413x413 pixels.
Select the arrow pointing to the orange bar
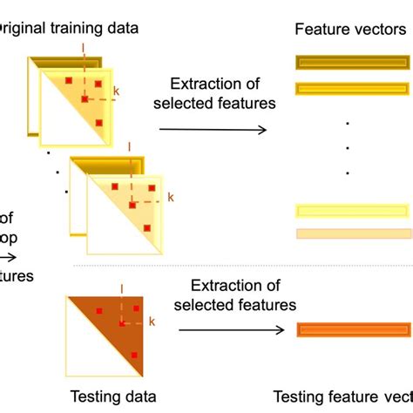[x=231, y=330]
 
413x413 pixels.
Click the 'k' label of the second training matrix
[x=171, y=198]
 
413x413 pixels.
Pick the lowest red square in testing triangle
[x=134, y=355]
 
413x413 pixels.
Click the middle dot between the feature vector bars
[x=349, y=147]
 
